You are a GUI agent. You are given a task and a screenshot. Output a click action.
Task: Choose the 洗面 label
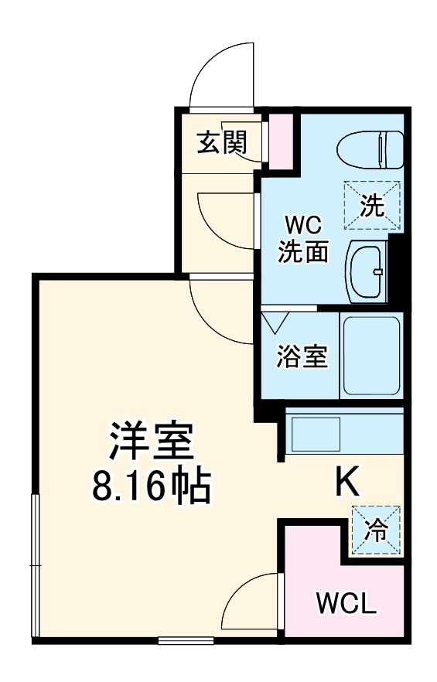(304, 251)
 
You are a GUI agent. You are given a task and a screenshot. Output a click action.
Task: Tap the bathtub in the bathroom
(370, 355)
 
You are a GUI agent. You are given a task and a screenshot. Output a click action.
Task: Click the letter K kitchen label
(346, 483)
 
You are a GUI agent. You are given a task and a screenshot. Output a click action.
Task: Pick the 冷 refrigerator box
(376, 530)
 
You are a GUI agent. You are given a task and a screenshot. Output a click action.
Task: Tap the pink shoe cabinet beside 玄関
(280, 141)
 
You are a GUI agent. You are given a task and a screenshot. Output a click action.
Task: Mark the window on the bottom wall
(186, 639)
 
